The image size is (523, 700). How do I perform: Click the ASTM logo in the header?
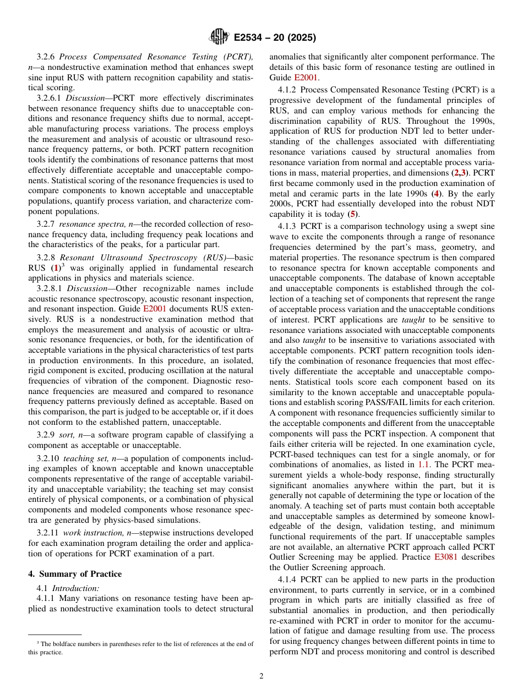click(x=219, y=37)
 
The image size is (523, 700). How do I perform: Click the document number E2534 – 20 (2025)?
click(x=274, y=38)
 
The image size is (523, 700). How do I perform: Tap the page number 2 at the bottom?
click(x=261, y=676)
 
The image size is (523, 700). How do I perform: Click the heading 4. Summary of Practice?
click(x=75, y=573)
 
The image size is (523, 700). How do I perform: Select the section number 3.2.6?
click(x=46, y=57)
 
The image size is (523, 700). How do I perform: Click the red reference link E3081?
click(x=445, y=557)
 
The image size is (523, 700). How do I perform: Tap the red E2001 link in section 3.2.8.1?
click(x=154, y=309)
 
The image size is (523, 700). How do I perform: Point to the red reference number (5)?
click(x=353, y=215)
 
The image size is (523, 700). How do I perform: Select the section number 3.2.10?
click(x=48, y=458)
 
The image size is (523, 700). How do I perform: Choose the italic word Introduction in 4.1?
click(x=76, y=588)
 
